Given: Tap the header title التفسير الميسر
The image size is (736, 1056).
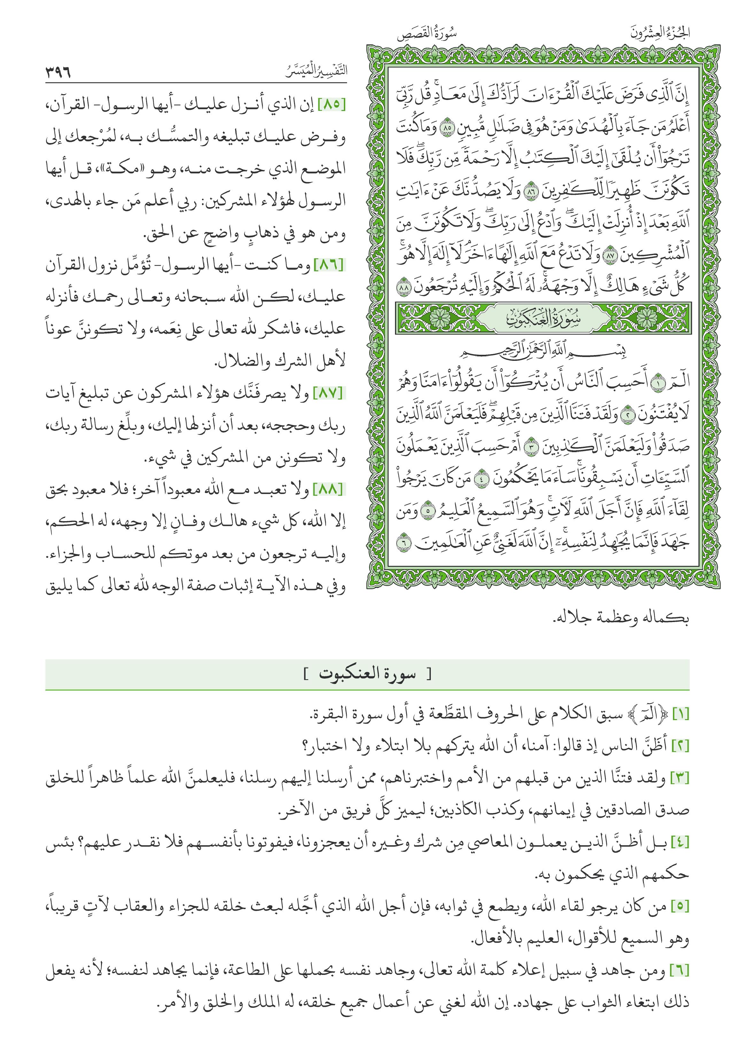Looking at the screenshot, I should click(x=316, y=71).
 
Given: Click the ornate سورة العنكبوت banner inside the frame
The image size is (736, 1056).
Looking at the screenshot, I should click(x=543, y=318).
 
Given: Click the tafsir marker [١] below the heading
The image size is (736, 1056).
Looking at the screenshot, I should click(x=680, y=714).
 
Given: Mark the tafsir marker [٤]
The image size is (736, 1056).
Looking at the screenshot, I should click(x=680, y=842).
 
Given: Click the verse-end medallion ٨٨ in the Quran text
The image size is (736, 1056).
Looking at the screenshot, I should click(x=404, y=286).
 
